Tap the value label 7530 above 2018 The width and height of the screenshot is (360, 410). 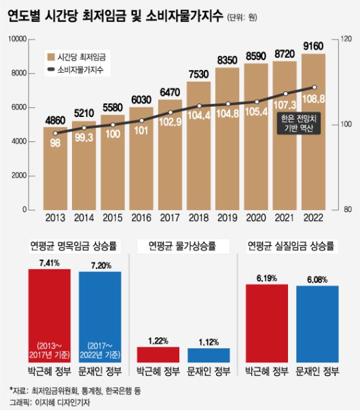click(x=198, y=74)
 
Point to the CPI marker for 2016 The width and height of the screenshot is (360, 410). click(x=141, y=120)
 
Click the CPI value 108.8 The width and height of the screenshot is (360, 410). click(x=314, y=99)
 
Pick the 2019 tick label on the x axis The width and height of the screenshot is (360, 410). click(x=228, y=220)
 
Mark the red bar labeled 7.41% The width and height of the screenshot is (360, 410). click(x=49, y=313)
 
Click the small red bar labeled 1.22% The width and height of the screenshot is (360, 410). click(x=158, y=354)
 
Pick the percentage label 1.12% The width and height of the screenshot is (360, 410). click(x=209, y=340)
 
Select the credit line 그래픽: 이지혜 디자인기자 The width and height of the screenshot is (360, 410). click(x=46, y=403)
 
